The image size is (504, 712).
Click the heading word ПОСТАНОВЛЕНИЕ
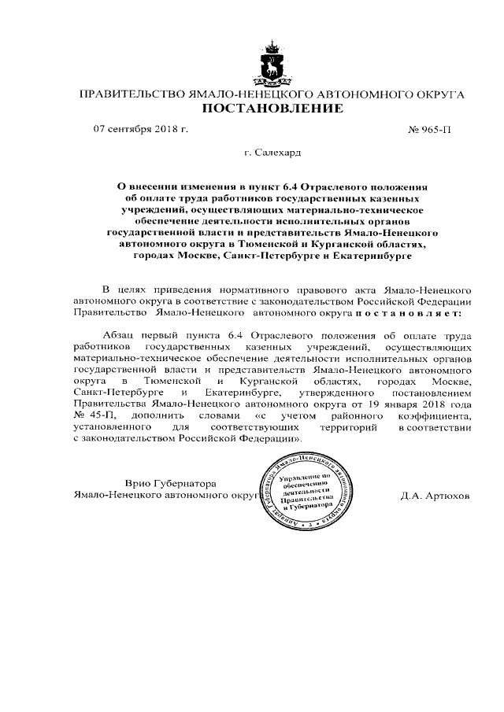tap(273, 109)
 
